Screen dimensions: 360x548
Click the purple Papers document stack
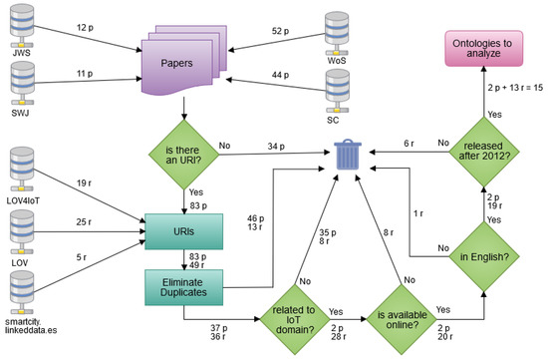click(181, 62)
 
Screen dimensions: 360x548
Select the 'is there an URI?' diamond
click(181, 153)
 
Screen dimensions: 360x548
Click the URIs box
click(181, 227)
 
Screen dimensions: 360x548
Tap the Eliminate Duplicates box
click(181, 286)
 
